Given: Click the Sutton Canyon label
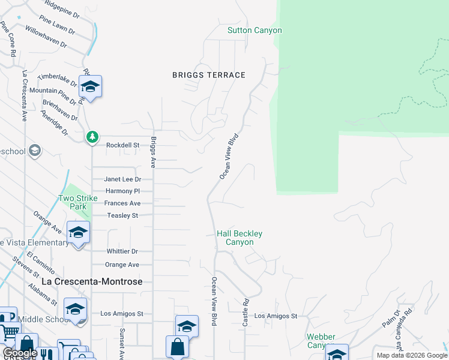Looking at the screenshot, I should [255, 31].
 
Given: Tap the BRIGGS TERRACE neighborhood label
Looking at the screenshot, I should [209, 75].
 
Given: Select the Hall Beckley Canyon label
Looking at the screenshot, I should [240, 238].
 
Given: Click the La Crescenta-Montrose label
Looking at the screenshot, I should [100, 281].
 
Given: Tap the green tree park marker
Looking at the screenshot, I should [92, 137].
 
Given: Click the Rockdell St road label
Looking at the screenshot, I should [122, 145].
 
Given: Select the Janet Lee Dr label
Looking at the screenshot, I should [122, 179].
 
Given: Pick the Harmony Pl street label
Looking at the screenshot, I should [122, 191].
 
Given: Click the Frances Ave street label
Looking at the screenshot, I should [122, 203].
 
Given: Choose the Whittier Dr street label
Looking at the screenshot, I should [122, 251].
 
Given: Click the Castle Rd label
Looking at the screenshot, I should [246, 313].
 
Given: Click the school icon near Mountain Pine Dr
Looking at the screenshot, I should [90, 87].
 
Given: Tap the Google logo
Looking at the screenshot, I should [20, 353].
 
